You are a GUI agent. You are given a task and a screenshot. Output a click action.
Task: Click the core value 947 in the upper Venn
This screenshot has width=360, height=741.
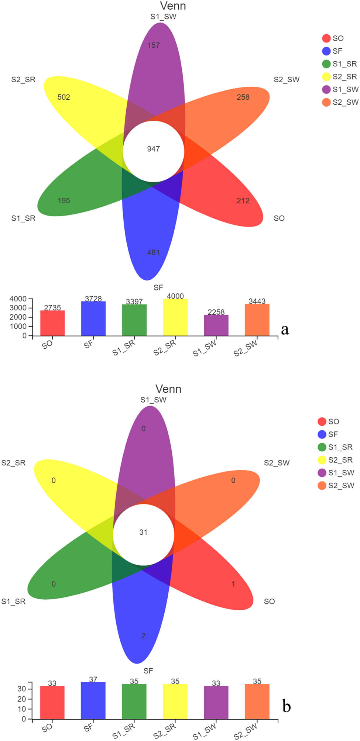pos(153,149)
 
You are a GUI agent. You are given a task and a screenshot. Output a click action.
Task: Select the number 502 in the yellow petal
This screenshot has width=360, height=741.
pos(64,97)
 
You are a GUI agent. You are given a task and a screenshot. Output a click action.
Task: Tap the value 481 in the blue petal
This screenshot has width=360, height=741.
pos(153,252)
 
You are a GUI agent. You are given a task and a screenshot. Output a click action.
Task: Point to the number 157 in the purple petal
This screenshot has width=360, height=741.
pos(154,45)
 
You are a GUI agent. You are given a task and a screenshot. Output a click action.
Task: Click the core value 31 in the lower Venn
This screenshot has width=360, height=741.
pos(143,532)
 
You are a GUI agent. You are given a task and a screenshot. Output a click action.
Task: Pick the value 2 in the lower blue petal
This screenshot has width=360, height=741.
pos(143,635)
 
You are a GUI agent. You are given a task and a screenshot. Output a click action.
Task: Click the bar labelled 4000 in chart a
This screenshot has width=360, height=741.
pos(175,317)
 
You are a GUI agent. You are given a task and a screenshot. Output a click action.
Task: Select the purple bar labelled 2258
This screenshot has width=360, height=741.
pos(216,325)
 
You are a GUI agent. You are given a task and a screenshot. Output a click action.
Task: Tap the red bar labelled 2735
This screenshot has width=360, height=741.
pos(52,323)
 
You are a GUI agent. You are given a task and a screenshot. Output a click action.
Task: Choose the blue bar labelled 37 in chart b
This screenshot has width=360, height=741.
pos(93,700)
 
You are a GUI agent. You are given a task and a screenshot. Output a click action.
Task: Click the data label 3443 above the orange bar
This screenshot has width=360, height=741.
pos(257,301)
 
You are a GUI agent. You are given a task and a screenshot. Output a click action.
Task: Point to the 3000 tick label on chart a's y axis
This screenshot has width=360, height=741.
pos(18,308)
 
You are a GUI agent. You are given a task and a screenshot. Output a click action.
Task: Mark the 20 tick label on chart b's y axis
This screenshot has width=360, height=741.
pos(21,699)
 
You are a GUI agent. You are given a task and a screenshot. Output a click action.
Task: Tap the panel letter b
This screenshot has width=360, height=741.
pos(286,706)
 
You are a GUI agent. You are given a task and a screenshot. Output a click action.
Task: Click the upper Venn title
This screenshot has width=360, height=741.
pos(173,6)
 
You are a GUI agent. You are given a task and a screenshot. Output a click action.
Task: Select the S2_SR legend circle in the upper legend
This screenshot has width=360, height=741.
pos(326,77)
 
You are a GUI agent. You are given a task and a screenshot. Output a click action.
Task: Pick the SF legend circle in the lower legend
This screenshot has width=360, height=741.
pos(322,434)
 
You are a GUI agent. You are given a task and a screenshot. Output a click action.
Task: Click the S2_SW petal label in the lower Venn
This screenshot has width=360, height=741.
pos(277,463)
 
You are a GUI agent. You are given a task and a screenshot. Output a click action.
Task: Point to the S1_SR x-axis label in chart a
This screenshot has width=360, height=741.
pos(124,348)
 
